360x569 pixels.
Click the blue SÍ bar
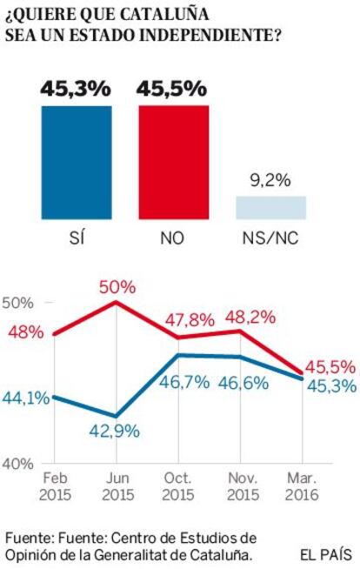(77, 163)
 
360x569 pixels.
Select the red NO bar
(174, 162)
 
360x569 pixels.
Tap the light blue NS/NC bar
(271, 208)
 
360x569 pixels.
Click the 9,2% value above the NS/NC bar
(270, 180)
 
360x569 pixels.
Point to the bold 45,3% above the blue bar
(76, 89)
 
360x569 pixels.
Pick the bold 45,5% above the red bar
(171, 89)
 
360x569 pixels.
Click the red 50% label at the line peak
(117, 287)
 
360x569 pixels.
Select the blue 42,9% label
(115, 432)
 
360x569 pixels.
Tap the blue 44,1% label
(26, 398)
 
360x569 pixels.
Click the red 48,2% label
(250, 318)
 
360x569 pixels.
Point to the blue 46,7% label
(184, 383)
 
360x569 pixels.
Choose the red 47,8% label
(190, 320)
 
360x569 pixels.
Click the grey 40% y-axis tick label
(17, 464)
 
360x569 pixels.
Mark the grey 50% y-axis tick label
(17, 303)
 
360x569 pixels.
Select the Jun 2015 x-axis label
(117, 486)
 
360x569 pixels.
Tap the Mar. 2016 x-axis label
(302, 486)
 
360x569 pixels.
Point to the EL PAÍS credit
(326, 554)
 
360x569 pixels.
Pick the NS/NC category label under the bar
(270, 238)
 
